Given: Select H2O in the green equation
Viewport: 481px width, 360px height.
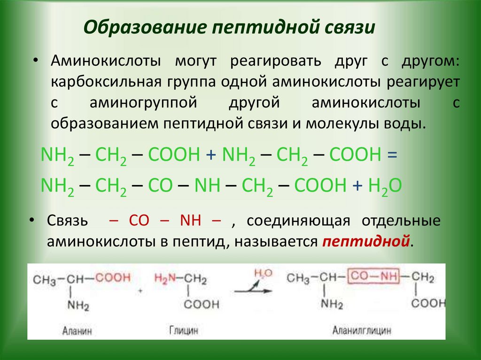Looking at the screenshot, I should click(x=384, y=186).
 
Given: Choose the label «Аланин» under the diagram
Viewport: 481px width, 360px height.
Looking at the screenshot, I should click(x=77, y=331).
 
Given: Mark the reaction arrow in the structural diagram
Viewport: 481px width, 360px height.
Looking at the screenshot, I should click(x=253, y=291).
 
